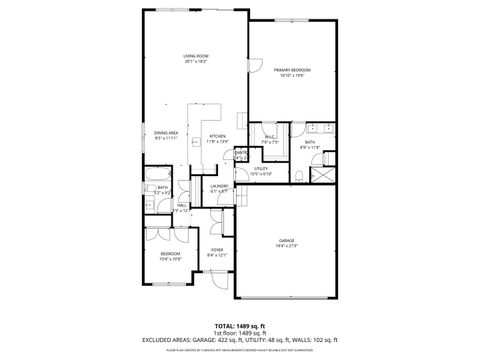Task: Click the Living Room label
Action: pos(194,56)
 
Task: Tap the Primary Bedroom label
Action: pos(293,69)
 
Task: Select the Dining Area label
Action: pos(166,133)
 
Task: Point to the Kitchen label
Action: pos(217,137)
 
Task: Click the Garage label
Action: pos(287,241)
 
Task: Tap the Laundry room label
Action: pos(220,186)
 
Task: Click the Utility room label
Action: pos(261,169)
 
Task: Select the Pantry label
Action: pos(240,153)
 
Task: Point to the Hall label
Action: pos(183,206)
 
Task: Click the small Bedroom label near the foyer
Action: pos(170,255)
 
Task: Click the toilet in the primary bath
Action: pos(299,178)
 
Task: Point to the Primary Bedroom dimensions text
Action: pos(293,75)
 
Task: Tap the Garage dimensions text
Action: pos(287,246)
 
